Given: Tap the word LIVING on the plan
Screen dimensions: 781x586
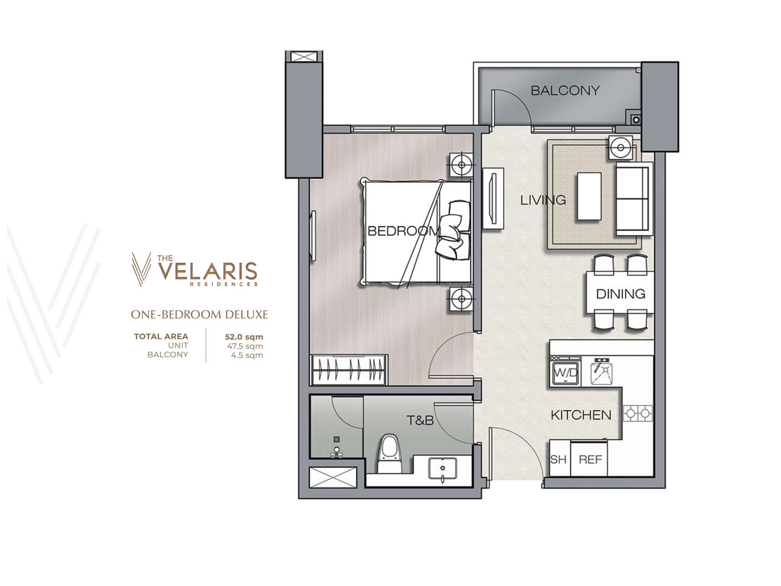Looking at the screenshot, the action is (x=543, y=200).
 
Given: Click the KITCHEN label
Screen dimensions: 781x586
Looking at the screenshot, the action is (x=581, y=415).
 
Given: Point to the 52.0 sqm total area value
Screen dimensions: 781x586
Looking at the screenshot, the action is (x=244, y=337).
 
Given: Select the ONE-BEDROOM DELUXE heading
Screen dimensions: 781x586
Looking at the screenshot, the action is (x=200, y=314).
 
